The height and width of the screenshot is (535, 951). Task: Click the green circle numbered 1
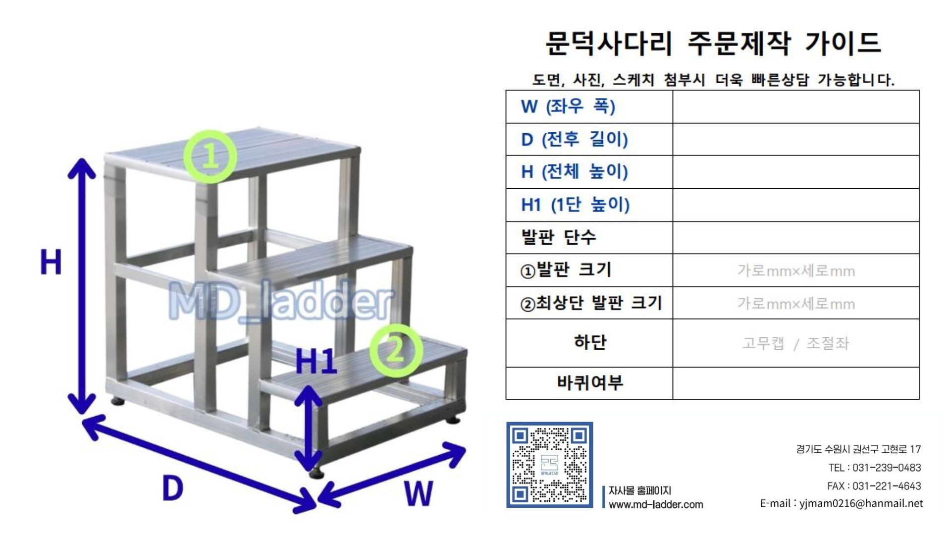pos(211,157)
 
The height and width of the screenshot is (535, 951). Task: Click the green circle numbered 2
pos(396,351)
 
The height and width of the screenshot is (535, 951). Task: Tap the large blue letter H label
pos(51,262)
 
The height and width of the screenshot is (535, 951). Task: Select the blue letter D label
pos(172,488)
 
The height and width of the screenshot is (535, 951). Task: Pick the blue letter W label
pos(419,493)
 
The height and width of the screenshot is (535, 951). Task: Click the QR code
pos(549,465)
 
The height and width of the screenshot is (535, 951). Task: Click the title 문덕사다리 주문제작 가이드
pos(713,43)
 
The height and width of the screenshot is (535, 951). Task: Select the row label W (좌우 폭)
pos(568,107)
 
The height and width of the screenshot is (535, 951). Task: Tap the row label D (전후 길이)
pos(574,139)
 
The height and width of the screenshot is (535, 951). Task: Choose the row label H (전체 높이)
pos(574,172)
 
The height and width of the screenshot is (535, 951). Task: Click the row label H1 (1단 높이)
pos(575,205)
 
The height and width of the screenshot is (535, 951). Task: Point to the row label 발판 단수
pos(558,237)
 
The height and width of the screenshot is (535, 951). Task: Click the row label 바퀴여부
pos(589,383)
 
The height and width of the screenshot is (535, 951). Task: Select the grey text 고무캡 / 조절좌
pos(795,343)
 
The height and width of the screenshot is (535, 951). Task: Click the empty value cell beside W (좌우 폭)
pos(795,107)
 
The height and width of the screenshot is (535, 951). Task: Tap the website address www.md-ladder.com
pos(656,505)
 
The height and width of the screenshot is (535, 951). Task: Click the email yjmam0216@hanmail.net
pos(861,504)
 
